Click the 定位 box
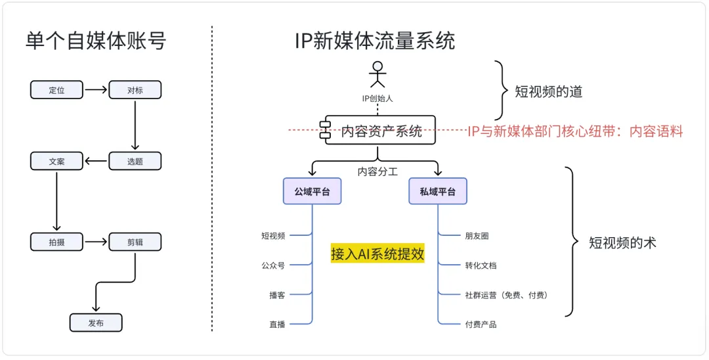56,90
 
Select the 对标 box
135,90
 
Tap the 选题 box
135,161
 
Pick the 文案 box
56,161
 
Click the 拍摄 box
56,242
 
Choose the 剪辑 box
135,242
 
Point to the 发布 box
96,323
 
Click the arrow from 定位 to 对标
96,90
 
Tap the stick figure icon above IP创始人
377,75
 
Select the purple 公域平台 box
312,191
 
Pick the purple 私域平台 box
437,191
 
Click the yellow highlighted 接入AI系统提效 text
377,254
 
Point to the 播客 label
277,295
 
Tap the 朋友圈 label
477,235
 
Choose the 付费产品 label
481,325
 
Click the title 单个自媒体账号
96,41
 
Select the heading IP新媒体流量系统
375,41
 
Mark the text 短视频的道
548,92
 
